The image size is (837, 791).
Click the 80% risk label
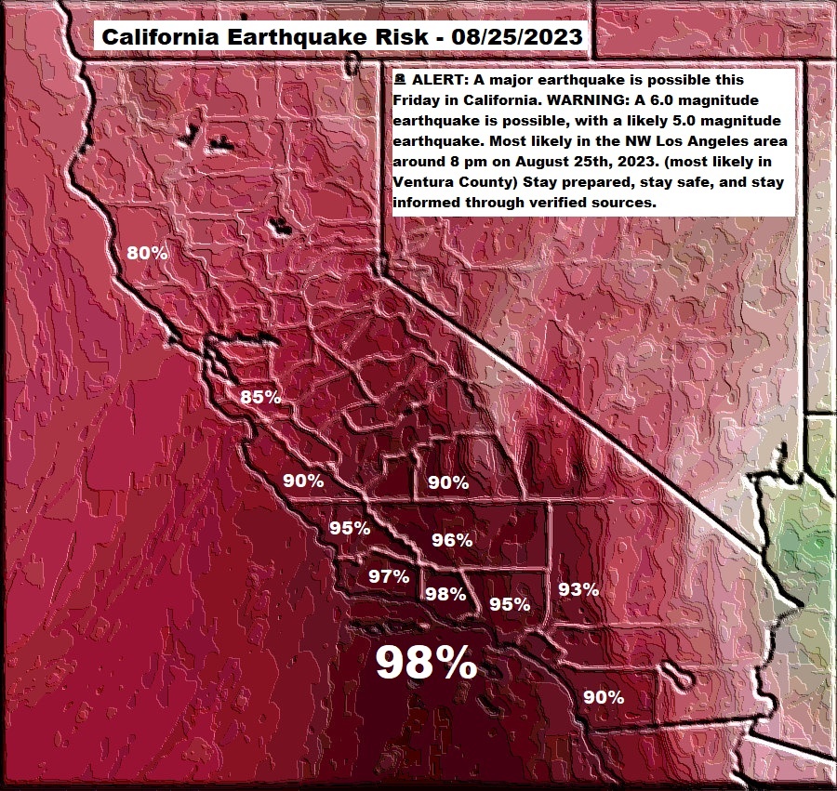[x=148, y=253]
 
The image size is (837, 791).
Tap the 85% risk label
[x=260, y=397]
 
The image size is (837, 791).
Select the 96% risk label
[x=453, y=540]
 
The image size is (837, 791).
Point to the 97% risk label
[x=389, y=576]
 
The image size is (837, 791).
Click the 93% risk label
[x=578, y=588]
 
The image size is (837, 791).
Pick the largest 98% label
[x=426, y=664]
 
